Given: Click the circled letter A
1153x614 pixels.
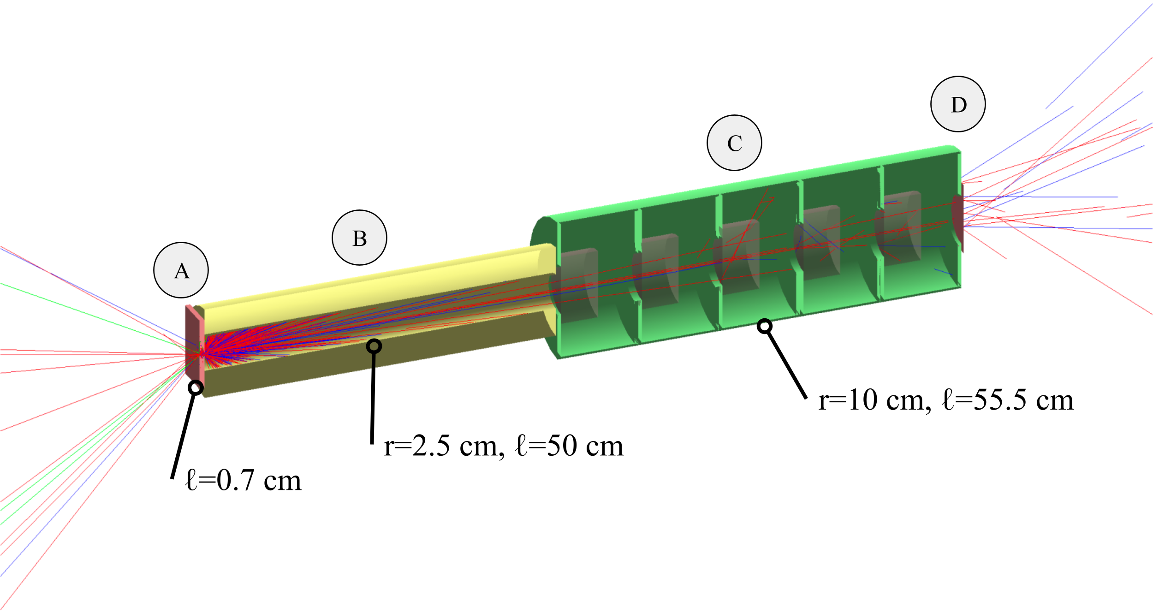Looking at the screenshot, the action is [x=181, y=270].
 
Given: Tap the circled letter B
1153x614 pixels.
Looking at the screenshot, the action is [x=360, y=238].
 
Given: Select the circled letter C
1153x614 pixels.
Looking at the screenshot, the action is [x=735, y=143].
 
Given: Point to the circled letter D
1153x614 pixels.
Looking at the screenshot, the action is [x=958, y=104].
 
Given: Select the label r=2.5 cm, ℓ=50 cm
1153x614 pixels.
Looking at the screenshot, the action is [x=504, y=446].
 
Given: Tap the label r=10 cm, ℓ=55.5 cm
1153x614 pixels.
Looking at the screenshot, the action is [x=946, y=399].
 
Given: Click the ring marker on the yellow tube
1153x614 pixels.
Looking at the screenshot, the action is [x=374, y=346].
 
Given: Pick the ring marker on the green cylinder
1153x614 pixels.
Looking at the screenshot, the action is [x=765, y=327].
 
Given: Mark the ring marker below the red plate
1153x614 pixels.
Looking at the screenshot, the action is [x=196, y=387].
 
